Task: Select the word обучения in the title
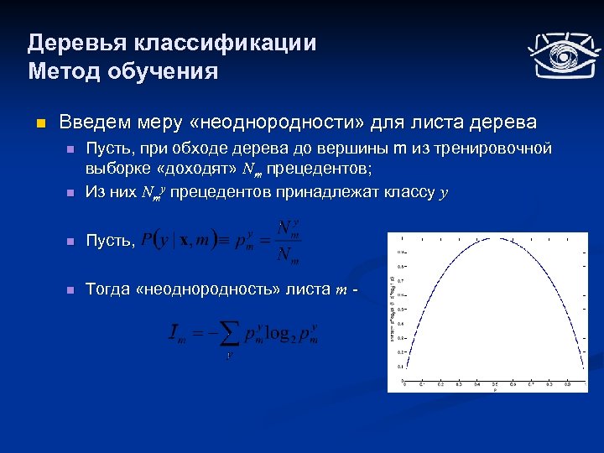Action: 162,71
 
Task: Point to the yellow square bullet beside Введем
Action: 38,123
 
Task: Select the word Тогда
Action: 107,289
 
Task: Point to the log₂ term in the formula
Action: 281,334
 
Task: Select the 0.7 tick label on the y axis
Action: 400,281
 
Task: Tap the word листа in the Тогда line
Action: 305,289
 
